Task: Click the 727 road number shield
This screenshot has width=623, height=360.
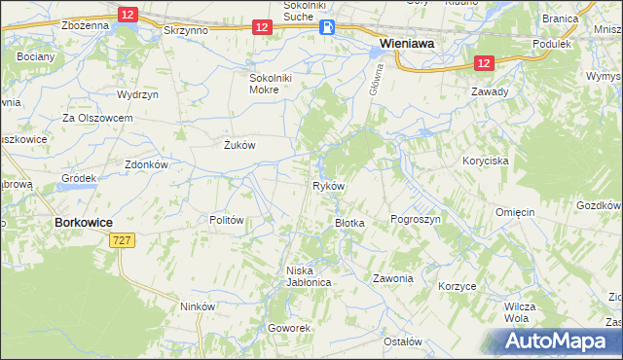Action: click(x=122, y=239)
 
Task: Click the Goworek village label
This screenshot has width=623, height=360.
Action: click(x=289, y=328)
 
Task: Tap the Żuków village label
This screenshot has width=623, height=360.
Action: click(x=239, y=145)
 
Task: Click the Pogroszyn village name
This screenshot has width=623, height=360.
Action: click(x=416, y=220)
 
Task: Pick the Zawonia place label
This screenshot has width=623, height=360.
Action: click(x=393, y=278)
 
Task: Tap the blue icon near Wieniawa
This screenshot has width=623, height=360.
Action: click(x=327, y=28)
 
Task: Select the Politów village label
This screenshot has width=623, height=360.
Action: click(x=226, y=220)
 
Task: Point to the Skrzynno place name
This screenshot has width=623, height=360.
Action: click(x=188, y=30)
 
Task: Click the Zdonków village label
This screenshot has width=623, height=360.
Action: click(x=147, y=164)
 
